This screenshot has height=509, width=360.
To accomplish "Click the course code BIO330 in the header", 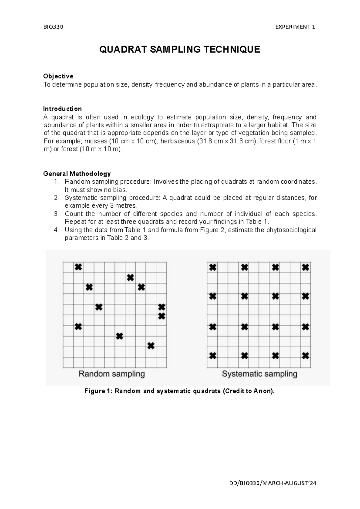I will tap(53, 27).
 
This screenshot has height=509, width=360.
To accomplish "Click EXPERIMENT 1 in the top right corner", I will tap(295, 27).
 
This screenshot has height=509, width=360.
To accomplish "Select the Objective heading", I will tap(58, 76).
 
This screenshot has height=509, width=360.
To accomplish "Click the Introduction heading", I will tap(62, 109).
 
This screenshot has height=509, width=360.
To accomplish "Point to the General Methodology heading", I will tap(77, 173).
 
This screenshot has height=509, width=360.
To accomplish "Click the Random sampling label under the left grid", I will tap(112, 374).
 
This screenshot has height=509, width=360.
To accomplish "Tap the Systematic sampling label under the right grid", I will tap(259, 374).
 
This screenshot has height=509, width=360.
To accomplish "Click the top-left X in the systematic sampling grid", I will tap(213, 267).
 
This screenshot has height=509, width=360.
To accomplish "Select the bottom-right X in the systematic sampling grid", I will tap(305, 356).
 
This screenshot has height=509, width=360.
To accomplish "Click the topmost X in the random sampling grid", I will tap(78, 267).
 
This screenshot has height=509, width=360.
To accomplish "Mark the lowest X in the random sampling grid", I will tap(151, 346).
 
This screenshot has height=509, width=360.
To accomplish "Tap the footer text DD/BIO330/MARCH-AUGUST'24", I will tap(272, 483).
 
